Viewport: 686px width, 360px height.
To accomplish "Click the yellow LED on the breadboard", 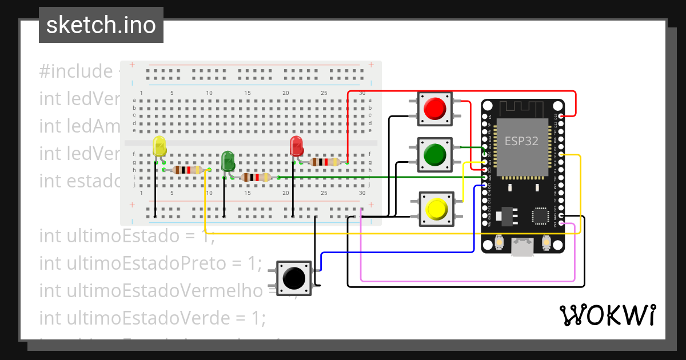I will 159,147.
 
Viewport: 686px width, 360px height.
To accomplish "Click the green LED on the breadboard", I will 228,161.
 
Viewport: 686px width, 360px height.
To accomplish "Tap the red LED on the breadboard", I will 296,146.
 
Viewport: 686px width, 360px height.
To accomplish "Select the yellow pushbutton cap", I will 436,209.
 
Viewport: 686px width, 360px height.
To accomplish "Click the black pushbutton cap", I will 294,278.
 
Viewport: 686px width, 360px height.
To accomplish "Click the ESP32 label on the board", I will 521,141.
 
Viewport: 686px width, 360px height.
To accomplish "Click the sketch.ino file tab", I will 101,25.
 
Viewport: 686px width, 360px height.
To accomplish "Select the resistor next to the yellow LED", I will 187,170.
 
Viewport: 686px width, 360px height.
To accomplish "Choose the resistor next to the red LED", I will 324,162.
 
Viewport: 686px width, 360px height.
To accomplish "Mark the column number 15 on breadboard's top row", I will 248,93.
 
